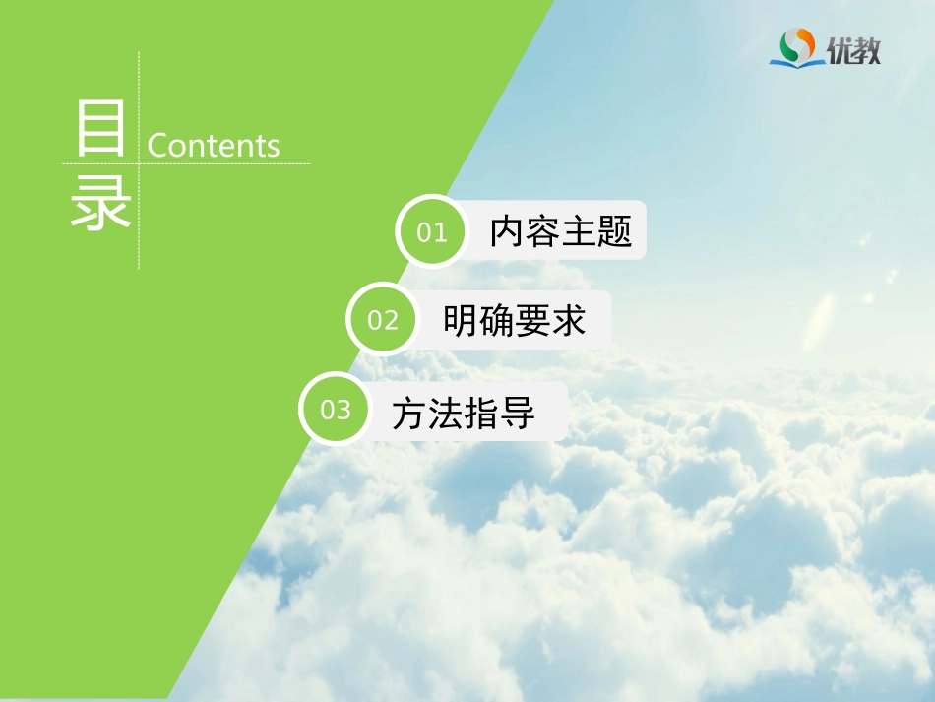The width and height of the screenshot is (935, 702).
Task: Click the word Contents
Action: pyautogui.click(x=214, y=146)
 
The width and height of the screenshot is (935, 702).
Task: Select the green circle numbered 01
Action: pyautogui.click(x=432, y=232)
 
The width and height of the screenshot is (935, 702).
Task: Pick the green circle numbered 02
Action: pyautogui.click(x=383, y=320)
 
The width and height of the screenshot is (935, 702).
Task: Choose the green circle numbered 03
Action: pyautogui.click(x=336, y=409)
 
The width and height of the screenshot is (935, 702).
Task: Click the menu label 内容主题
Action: pyautogui.click(x=561, y=231)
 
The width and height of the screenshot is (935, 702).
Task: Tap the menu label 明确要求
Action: pyautogui.click(x=514, y=320)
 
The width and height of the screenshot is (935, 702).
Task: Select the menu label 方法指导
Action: pyautogui.click(x=464, y=413)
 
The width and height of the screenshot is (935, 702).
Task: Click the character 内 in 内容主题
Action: pyautogui.click(x=508, y=231)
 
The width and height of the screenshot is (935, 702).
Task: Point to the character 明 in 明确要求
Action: pyautogui.click(x=461, y=320)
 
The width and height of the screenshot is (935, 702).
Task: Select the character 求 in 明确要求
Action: pyautogui.click(x=568, y=320)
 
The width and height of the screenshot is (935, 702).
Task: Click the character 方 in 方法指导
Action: pyautogui.click(x=409, y=413)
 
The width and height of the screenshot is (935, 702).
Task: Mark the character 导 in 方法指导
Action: pyautogui.click(x=518, y=413)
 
